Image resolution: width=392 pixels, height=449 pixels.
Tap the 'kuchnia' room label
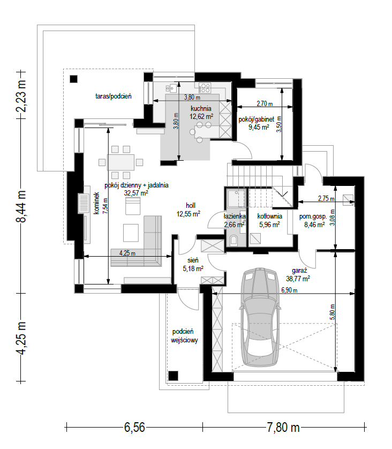201,109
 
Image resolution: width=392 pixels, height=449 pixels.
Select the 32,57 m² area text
136,193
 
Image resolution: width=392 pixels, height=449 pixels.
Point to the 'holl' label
191,205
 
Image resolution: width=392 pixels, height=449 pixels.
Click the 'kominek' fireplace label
96,203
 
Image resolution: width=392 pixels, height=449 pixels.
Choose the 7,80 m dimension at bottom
283,428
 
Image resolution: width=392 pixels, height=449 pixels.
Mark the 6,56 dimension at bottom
134,428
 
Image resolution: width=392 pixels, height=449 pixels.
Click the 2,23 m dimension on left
21,96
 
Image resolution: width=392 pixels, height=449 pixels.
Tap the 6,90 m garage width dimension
289,290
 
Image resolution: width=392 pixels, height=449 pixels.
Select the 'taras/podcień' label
114,96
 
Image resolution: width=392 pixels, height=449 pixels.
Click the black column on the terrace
74,79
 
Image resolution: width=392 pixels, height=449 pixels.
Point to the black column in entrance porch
173,376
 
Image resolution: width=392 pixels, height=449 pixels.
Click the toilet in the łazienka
233,240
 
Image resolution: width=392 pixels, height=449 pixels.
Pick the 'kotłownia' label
269,216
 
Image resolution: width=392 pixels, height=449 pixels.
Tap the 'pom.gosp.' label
313,217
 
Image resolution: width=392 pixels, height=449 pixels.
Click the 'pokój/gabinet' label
257,119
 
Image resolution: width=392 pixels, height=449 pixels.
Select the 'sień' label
193,260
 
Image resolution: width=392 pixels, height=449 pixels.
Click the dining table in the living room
120,162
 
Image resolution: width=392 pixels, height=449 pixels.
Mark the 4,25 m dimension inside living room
127,253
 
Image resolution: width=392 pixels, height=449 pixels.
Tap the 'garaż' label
299,271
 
